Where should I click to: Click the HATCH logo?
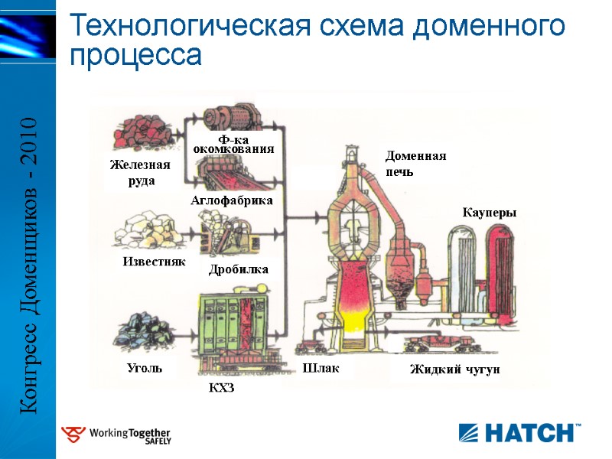click(x=519, y=432)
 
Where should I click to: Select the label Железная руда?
click(x=139, y=173)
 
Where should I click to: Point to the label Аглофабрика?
click(x=231, y=200)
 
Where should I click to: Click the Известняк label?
click(x=155, y=262)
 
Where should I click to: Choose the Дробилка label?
click(x=239, y=270)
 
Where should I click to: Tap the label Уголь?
click(x=145, y=368)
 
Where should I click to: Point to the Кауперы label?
click(x=490, y=213)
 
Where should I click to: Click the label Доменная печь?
click(x=415, y=164)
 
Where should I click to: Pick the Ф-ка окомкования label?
click(x=233, y=145)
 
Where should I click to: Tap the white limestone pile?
click(x=145, y=229)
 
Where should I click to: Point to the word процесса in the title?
click(x=136, y=56)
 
